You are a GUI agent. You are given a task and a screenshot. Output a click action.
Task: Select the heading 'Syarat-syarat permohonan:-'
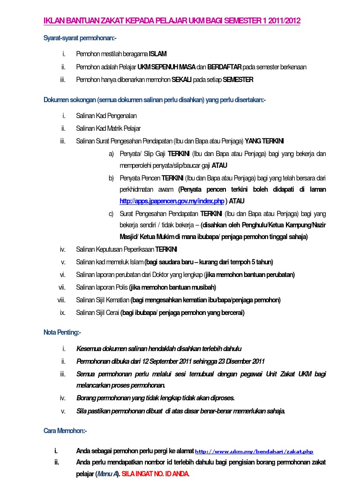point(80,37)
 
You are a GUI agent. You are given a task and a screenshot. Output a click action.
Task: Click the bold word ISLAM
point(158,54)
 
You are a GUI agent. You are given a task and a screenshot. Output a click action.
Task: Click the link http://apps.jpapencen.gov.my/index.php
point(172,201)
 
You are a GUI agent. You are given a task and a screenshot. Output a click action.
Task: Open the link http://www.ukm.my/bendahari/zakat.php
point(254,452)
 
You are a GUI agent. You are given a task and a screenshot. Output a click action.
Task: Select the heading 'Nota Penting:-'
point(62,332)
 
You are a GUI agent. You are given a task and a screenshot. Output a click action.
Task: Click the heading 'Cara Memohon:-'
point(65,430)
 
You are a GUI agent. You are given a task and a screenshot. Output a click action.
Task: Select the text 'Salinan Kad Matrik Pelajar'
point(108,128)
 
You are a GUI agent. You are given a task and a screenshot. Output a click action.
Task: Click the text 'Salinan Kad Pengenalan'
point(106,116)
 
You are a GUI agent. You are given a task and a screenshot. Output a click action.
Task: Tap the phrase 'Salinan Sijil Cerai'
point(97,313)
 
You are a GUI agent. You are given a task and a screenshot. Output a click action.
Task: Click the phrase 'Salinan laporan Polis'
point(102,287)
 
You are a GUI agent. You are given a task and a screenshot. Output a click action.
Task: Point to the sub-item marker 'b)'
point(111,178)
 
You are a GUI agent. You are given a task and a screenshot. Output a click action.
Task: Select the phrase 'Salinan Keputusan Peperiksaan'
point(115,249)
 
